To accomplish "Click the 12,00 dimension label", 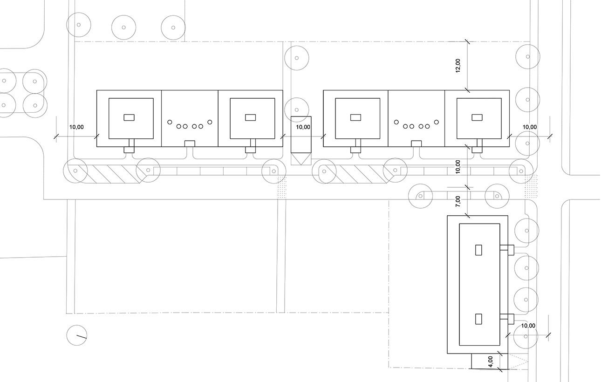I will [x=458, y=65].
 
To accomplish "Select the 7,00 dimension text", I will [x=458, y=201].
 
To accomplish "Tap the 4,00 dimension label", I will [x=490, y=361].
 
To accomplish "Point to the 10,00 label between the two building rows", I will [x=303, y=127].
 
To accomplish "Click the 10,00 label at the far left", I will [x=76, y=127].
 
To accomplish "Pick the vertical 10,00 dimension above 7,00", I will [x=458, y=166].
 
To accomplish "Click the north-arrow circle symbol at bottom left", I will [x=77, y=335].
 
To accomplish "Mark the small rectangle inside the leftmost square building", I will [x=129, y=117].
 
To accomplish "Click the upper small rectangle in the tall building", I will [x=478, y=250].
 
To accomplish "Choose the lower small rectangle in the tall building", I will [x=478, y=319].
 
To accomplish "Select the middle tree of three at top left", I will [x=123, y=27].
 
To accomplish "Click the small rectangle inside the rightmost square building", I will [x=477, y=117].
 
